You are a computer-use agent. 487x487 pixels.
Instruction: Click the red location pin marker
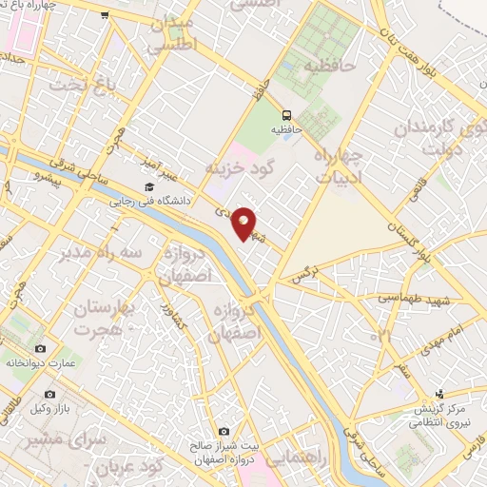[x=244, y=222]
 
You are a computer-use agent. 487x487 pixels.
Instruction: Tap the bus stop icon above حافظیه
[x=285, y=110]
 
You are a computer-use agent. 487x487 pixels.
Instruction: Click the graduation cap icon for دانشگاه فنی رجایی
[x=148, y=187]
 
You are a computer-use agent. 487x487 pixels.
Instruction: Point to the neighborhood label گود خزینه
[x=238, y=167]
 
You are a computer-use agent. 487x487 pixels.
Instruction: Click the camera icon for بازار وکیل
[x=50, y=393]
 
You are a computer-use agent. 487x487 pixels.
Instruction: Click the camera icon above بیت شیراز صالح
[x=224, y=431]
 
